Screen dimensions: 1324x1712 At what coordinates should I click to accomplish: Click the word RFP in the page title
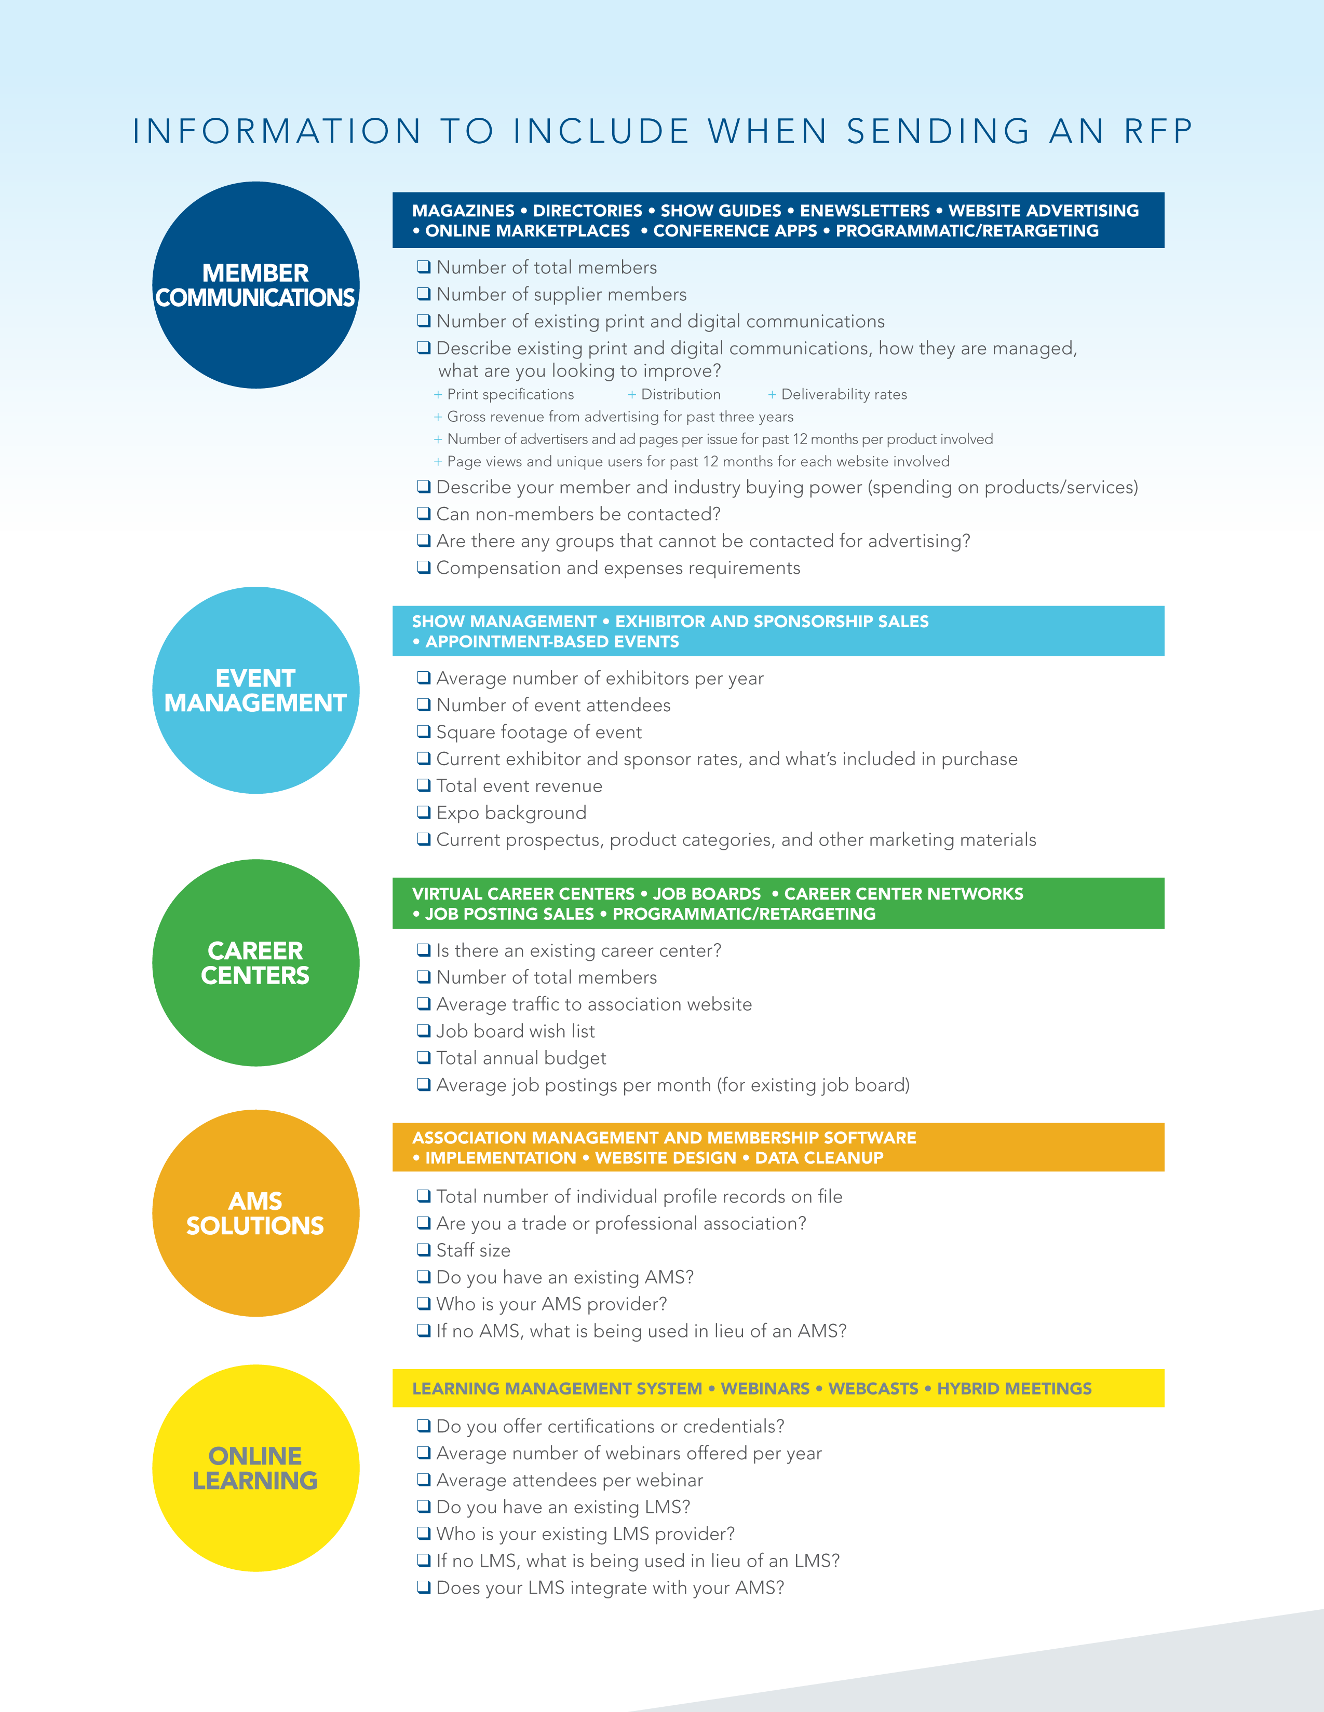tap(1158, 131)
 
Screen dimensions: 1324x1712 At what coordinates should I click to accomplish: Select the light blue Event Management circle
tap(255, 691)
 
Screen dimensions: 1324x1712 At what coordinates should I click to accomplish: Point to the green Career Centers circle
tap(255, 962)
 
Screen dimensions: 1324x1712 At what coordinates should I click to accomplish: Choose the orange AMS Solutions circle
tap(255, 1213)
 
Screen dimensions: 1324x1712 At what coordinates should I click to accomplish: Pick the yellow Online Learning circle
tap(255, 1468)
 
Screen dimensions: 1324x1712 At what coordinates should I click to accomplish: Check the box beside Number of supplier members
tap(424, 294)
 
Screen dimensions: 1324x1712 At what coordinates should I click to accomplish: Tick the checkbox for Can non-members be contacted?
tap(424, 514)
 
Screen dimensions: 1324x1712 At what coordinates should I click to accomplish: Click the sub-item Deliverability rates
tap(844, 394)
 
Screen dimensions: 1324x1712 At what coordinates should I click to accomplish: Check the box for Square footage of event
tap(424, 731)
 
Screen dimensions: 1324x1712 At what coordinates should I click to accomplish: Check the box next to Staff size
tap(424, 1250)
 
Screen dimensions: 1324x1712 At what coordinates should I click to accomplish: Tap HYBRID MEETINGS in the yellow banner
tap(1014, 1388)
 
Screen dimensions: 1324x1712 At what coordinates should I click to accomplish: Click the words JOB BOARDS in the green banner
tap(707, 894)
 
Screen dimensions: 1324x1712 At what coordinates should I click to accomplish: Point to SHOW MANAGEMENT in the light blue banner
tap(504, 622)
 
